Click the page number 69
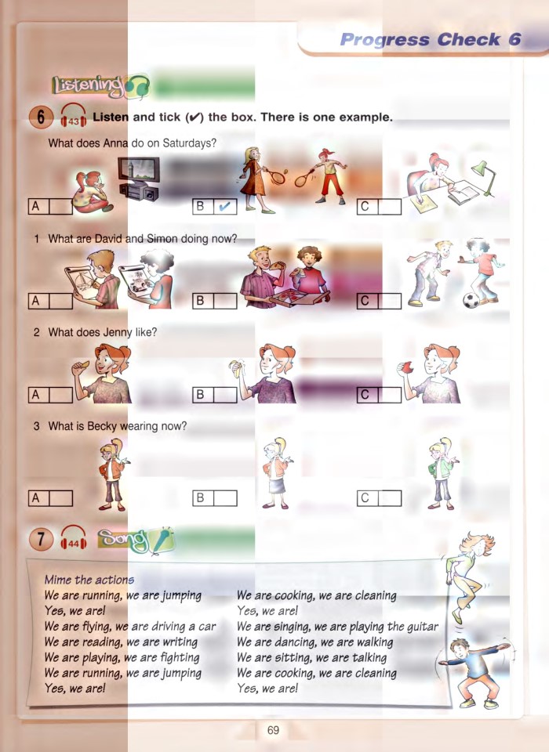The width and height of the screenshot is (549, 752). tap(273, 731)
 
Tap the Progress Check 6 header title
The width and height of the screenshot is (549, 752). tap(431, 40)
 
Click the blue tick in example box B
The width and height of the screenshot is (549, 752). tap(224, 207)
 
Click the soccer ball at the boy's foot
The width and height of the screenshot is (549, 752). tap(471, 300)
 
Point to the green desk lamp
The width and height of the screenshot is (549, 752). tap(479, 176)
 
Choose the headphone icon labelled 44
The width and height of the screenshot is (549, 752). tap(74, 540)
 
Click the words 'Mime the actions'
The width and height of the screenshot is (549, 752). tap(89, 580)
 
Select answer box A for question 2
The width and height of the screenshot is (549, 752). tap(60, 396)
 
